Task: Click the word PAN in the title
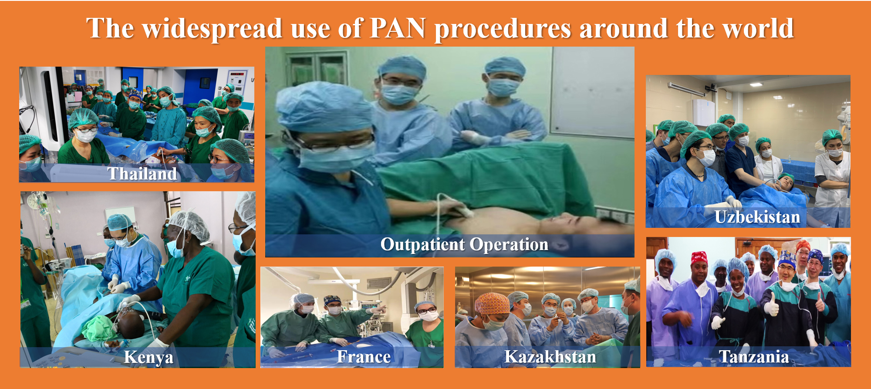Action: tap(398, 28)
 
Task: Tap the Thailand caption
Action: tap(142, 173)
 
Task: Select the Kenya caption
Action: tap(149, 357)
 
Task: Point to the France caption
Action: tap(364, 357)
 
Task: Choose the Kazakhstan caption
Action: tap(550, 357)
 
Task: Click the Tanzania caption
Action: tap(754, 357)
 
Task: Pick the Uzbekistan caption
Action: tap(757, 217)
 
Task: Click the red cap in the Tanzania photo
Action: tap(699, 257)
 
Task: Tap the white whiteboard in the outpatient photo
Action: tap(592, 91)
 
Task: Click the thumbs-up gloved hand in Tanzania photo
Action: tap(771, 305)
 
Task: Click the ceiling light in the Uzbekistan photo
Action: tap(756, 85)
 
